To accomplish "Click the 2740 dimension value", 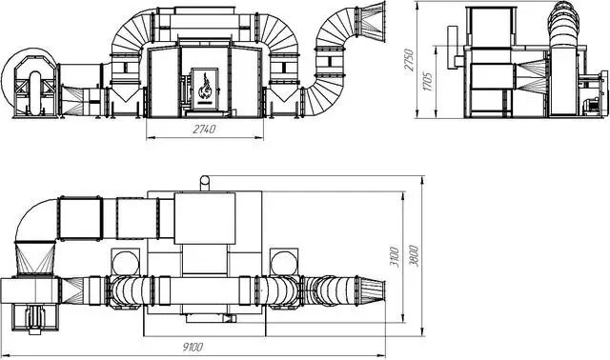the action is click(x=204, y=130).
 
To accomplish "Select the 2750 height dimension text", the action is click(x=409, y=59).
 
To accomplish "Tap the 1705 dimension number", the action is click(x=428, y=81).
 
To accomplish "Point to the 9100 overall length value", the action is click(x=193, y=347).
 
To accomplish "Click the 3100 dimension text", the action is click(x=394, y=256).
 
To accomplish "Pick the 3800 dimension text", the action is click(x=414, y=255).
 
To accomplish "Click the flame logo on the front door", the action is click(x=204, y=88).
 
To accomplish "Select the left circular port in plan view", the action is click(x=125, y=263).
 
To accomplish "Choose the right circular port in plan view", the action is click(x=284, y=263).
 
